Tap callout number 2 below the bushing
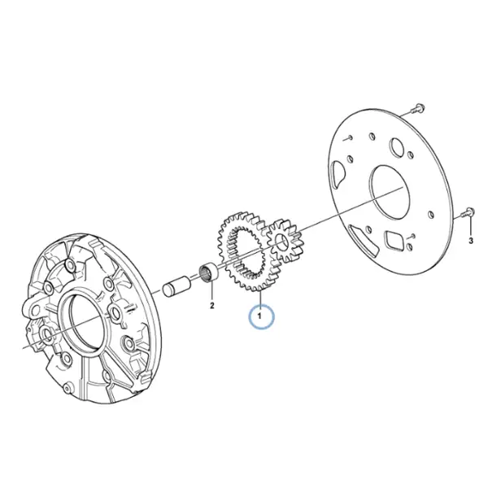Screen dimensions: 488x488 pos(212,305)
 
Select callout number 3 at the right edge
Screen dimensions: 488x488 pos(471,240)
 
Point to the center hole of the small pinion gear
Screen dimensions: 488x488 pos(281,242)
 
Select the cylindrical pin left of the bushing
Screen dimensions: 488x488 pos(174,285)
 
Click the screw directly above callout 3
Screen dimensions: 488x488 pos(467,212)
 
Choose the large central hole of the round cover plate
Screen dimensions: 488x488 pos(389,192)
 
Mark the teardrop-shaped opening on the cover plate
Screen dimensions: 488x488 pos(338,174)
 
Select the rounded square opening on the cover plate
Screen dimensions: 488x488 pos(394,240)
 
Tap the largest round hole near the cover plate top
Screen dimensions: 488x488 pos(397,146)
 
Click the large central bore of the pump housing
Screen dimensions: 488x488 pos(85,322)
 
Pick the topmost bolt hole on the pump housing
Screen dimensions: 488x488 pos(69,265)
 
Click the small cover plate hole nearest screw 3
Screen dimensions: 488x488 pos(431,215)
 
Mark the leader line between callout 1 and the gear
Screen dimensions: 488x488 pos(259,299)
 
